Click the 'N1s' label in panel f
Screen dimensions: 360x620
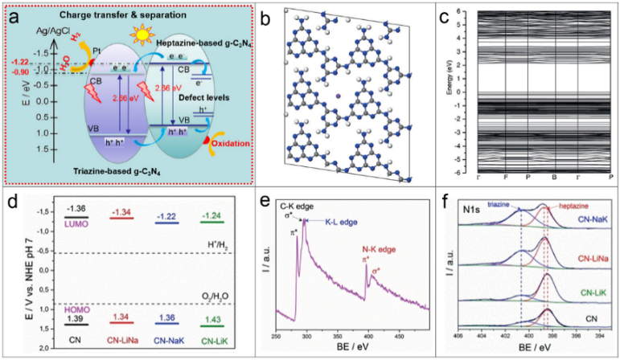[x=474, y=215]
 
